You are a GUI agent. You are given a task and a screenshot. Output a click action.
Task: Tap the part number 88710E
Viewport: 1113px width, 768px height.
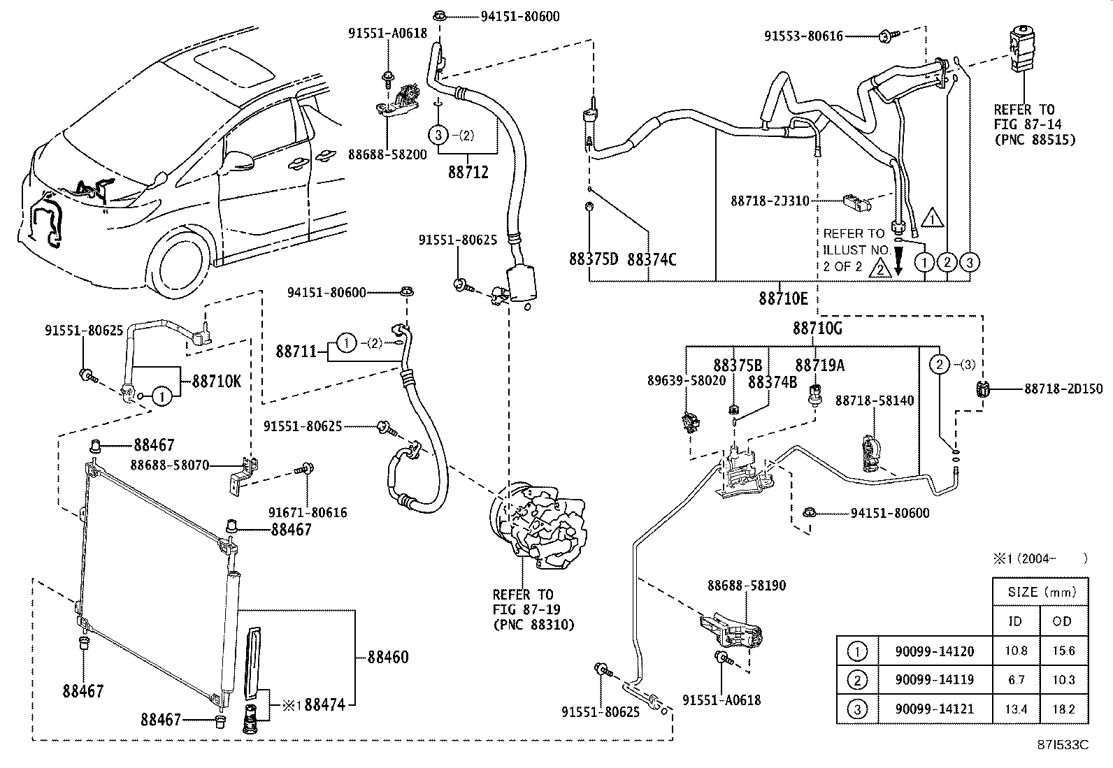tap(783, 299)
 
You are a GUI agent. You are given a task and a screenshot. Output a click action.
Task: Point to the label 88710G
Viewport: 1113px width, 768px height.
tap(817, 328)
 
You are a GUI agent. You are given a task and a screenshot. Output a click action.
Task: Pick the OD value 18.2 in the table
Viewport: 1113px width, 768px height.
tap(1063, 709)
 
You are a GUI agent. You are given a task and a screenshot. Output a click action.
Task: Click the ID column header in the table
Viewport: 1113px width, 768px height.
tap(1015, 621)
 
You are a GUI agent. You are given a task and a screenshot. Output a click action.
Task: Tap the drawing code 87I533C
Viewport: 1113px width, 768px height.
tap(1063, 745)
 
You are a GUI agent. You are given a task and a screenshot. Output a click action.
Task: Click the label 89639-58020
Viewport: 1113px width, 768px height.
tap(687, 381)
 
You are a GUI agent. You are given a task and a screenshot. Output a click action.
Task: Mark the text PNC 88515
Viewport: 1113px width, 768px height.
tap(1034, 140)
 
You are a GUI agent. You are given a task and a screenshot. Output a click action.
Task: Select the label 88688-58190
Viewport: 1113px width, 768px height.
tap(746, 586)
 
